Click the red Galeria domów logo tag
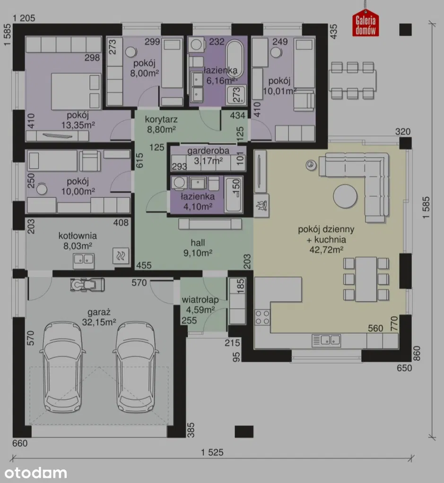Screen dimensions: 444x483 click(x=366, y=25)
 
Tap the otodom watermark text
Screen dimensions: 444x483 click(x=36, y=473)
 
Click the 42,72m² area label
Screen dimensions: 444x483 click(x=326, y=249)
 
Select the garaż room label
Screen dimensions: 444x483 click(x=99, y=313)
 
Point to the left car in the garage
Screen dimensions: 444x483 click(x=63, y=367)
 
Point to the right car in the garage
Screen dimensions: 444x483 click(x=136, y=367)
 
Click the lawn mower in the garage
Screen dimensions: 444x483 click(x=87, y=284)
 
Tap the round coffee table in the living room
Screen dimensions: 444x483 click(x=345, y=196)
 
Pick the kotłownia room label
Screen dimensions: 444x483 click(x=78, y=236)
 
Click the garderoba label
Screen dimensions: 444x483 click(x=208, y=151)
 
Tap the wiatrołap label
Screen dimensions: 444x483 click(x=200, y=299)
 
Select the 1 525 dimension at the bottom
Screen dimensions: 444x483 click(x=212, y=452)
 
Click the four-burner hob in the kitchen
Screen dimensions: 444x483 click(x=262, y=318)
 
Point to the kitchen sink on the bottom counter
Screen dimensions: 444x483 click(x=326, y=340)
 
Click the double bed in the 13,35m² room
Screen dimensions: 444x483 click(x=76, y=92)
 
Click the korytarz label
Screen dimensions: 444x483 click(x=161, y=119)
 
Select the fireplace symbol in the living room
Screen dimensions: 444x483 click(x=261, y=205)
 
